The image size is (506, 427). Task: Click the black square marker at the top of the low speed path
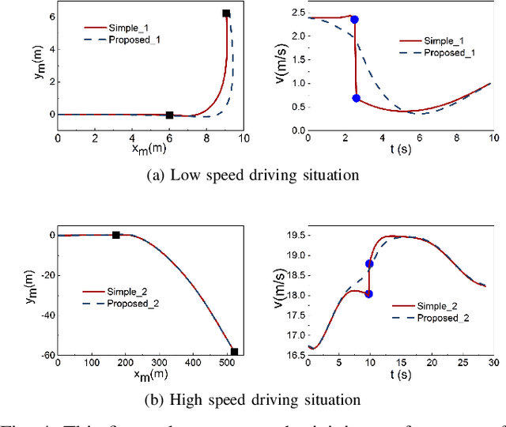[226, 13]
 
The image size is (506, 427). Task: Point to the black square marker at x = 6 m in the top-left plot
[169, 115]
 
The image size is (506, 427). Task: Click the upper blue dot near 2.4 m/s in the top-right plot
[354, 19]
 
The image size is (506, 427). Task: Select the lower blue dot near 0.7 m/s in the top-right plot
[357, 98]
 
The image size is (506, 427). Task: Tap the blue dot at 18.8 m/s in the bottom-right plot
[369, 264]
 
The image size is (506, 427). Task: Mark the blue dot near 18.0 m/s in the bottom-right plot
[368, 293]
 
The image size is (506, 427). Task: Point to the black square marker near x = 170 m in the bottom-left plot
[116, 235]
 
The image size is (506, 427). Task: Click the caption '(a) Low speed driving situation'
[253, 176]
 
